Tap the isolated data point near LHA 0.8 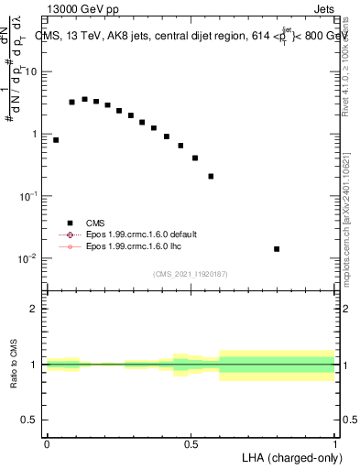pos(277,249)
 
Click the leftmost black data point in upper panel pos(56,140)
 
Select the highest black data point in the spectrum pos(84,99)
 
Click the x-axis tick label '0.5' pos(191,443)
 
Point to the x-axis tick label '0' pos(47,443)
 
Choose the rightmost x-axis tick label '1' pos(334,443)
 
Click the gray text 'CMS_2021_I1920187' pos(191,274)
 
